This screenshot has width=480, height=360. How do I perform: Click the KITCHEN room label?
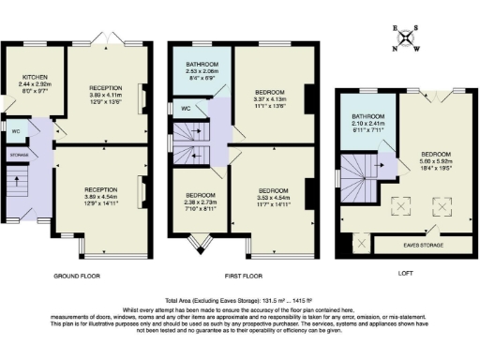tap(23, 76)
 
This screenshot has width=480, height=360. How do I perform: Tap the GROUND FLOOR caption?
tap(78, 277)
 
